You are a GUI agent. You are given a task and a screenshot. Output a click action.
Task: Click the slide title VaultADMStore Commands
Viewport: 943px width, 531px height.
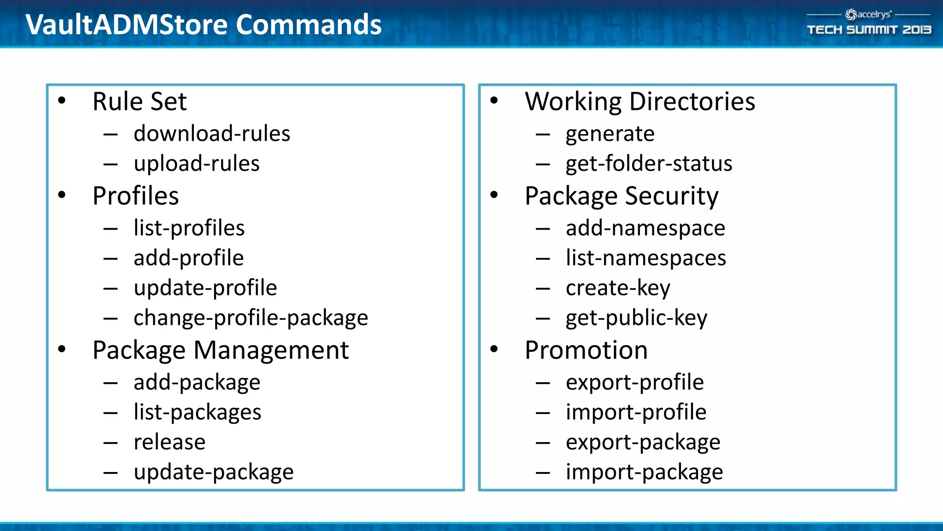203,24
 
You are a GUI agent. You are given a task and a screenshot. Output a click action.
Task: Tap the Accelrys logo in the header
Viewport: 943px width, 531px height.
868,15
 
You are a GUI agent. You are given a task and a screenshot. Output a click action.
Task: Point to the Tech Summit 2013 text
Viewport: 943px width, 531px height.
869,30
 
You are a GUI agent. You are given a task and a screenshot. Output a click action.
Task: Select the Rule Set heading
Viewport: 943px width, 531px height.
140,101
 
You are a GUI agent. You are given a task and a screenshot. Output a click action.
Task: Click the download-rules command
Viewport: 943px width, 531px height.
212,134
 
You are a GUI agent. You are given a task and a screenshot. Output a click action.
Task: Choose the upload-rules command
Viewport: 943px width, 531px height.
197,164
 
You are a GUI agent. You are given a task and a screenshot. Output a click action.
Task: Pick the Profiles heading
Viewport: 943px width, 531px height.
135,196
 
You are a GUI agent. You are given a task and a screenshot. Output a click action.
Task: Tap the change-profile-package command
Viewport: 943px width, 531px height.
250,318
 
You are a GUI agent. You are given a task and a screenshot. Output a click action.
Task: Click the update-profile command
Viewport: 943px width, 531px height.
205,288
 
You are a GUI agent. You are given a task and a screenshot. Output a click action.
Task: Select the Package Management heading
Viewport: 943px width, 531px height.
221,350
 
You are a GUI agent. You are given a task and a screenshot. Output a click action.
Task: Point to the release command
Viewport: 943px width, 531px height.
169,442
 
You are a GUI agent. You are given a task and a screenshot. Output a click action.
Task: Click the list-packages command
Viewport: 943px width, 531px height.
197,412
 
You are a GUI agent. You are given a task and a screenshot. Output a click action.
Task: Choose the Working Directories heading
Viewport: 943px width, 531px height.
640,101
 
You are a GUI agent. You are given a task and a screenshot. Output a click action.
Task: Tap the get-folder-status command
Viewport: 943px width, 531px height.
649,164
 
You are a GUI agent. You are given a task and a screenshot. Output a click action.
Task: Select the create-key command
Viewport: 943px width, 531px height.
618,288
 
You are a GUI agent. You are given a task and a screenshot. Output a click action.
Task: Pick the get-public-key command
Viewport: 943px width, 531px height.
636,318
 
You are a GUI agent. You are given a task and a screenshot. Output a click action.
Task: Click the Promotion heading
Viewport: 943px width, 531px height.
586,350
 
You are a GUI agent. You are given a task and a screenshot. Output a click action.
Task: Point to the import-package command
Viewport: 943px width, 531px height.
644,472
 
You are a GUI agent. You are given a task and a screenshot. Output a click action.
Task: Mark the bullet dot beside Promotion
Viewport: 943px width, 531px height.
494,349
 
